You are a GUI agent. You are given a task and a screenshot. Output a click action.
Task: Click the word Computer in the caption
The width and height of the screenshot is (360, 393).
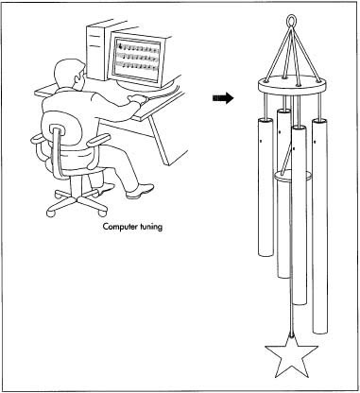click(119, 227)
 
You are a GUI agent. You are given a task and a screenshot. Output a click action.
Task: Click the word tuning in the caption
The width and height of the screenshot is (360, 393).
click(149, 227)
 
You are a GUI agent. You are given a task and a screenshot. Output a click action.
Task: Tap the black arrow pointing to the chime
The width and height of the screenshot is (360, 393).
click(223, 98)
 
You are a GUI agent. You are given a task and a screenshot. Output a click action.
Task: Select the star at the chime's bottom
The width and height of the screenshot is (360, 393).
click(291, 356)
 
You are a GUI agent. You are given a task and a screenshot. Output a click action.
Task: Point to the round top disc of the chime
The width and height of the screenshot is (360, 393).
click(292, 85)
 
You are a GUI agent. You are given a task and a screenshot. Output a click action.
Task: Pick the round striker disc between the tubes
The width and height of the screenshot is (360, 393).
click(293, 176)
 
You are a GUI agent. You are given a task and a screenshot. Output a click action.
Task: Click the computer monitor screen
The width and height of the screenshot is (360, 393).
click(137, 58)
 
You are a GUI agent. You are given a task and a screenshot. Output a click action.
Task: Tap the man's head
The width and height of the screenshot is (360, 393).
click(69, 75)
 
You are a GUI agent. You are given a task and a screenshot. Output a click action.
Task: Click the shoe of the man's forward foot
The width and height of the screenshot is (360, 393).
click(140, 191)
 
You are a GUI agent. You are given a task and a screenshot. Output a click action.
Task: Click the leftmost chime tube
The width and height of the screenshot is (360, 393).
click(266, 186)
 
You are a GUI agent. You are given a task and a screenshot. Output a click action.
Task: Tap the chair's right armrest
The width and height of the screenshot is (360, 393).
click(98, 140)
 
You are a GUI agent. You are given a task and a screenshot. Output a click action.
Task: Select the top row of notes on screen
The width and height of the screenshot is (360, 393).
click(137, 47)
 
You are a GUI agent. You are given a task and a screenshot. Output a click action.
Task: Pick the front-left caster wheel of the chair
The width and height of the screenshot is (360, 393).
click(50, 214)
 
